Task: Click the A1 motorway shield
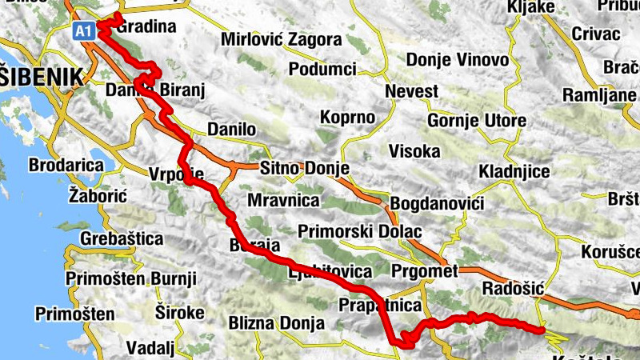point(84,30)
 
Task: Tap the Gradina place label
point(146,27)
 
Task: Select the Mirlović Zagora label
point(281,39)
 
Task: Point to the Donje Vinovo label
point(457,60)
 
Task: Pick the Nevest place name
point(411,91)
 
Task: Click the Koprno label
point(347,117)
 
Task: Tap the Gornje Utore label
point(477,121)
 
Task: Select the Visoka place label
point(414,150)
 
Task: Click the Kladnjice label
point(513,172)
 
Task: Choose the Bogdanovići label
point(437,203)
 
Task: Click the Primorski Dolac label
point(359,232)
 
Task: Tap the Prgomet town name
point(425,271)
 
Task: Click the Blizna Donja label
point(276,323)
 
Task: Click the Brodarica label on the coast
point(66,166)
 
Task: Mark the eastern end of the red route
point(542,329)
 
